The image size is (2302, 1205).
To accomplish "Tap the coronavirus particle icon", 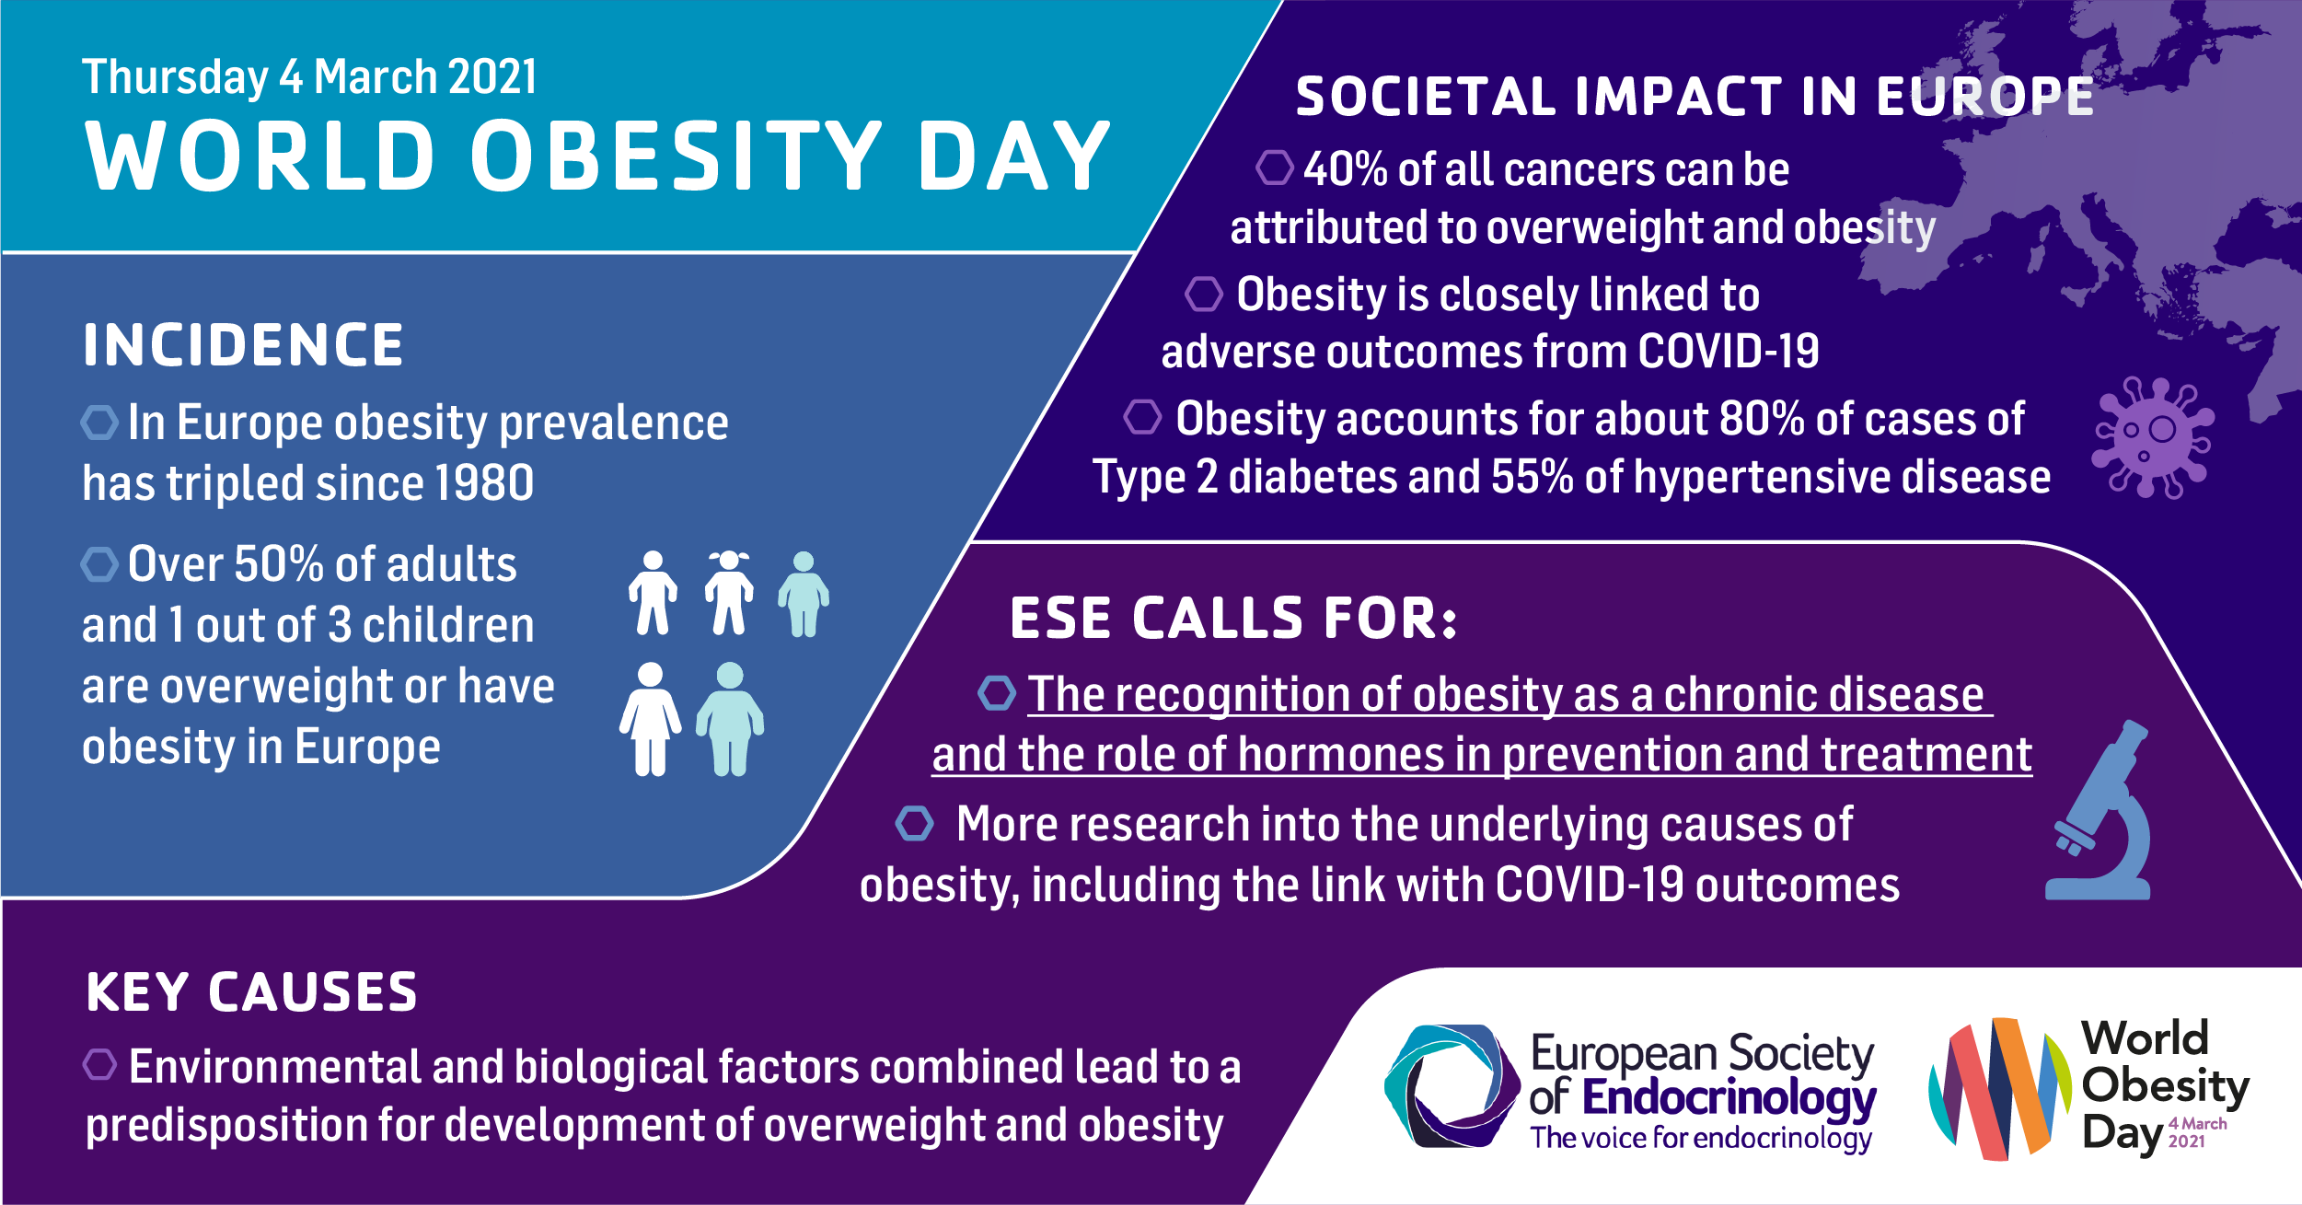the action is point(2153,437).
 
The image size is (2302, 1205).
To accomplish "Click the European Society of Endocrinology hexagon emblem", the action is point(1452,1086).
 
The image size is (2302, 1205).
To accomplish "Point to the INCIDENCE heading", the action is point(243,345).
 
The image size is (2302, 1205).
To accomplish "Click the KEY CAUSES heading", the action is point(251,992).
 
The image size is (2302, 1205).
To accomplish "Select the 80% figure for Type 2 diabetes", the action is point(1762,419).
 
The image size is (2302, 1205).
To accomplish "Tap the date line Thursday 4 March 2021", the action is point(309,76).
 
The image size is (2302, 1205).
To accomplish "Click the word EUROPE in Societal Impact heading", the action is point(1985,97).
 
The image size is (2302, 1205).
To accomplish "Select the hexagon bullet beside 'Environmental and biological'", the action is point(99,1064).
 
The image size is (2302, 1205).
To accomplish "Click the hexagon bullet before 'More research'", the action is point(915,823).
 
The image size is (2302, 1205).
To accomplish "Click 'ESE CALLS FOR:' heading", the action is point(1234,618).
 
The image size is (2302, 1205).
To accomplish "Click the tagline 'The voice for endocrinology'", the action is point(1701,1139).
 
